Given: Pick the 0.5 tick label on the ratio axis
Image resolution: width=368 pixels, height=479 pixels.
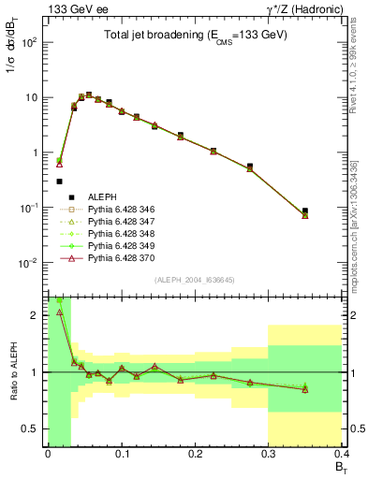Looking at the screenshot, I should pyautogui.click(x=34, y=428).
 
